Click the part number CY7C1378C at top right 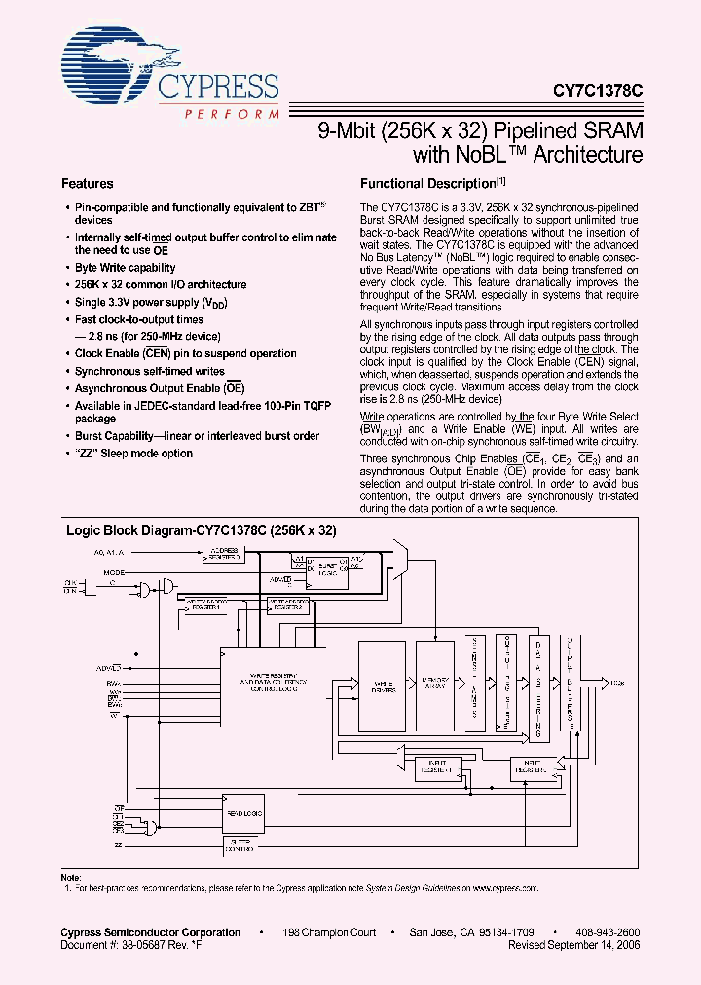pyautogui.click(x=595, y=89)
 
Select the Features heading pyautogui.click(x=88, y=184)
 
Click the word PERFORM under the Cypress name pyautogui.click(x=230, y=114)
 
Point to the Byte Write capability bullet pyautogui.click(x=126, y=268)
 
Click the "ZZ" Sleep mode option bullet pyautogui.click(x=133, y=454)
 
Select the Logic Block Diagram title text pyautogui.click(x=200, y=530)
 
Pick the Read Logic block pyautogui.click(x=240, y=812)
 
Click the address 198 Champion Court pyautogui.click(x=329, y=932)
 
